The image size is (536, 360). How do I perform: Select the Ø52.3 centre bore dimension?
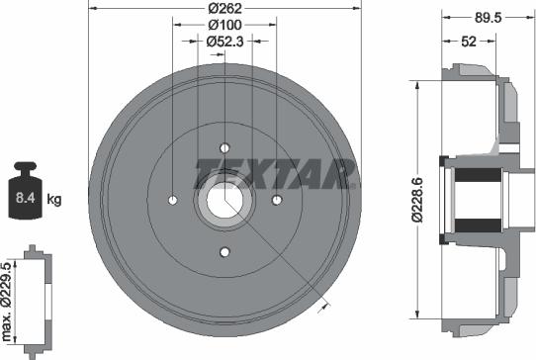point(225,42)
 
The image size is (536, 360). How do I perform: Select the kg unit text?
point(54,199)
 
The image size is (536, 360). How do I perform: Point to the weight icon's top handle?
point(27,167)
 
